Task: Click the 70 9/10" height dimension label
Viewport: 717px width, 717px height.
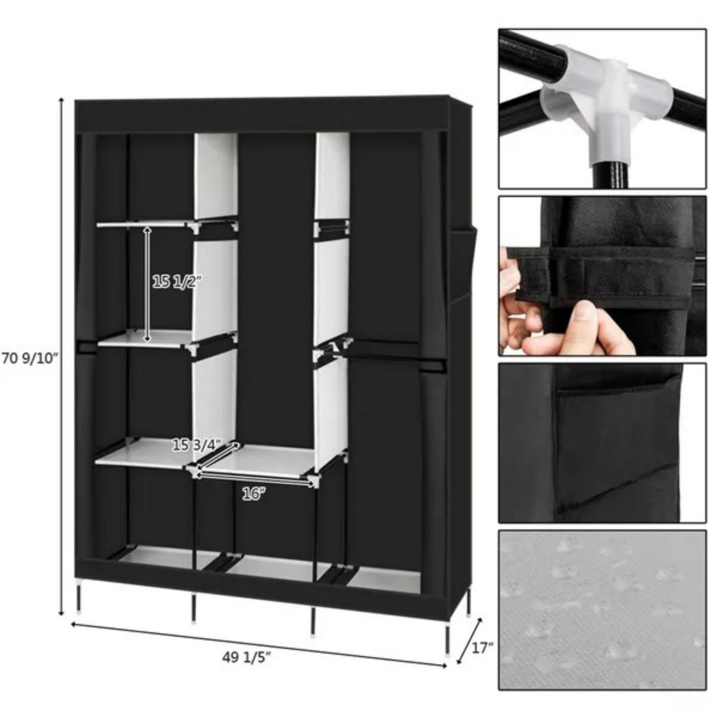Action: (x=30, y=358)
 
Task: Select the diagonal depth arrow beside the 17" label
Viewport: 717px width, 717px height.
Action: (x=469, y=641)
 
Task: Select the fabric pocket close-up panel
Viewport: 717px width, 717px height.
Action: (x=602, y=442)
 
